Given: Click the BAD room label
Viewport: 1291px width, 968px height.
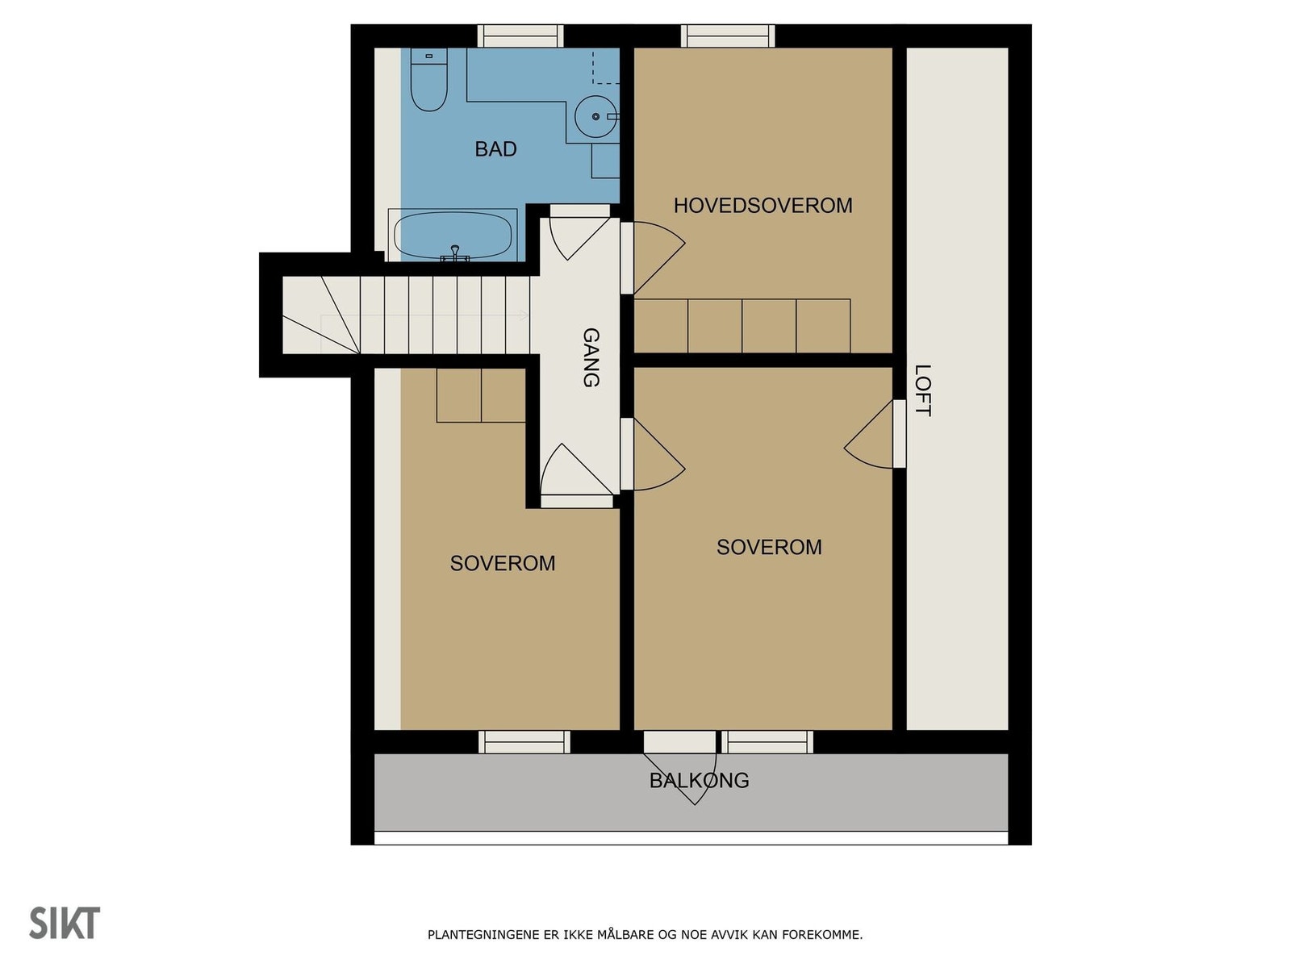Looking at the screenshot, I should [495, 149].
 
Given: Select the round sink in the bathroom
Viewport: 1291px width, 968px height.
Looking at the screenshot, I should [595, 117].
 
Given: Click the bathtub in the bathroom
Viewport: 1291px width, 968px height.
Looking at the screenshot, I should [453, 236].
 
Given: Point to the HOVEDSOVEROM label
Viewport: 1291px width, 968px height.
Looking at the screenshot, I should [762, 206].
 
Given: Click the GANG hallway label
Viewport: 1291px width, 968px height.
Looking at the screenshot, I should [591, 357].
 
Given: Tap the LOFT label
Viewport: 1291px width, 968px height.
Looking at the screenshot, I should [923, 390].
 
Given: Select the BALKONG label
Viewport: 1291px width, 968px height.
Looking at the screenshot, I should [699, 781].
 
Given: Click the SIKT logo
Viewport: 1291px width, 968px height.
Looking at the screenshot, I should [65, 924].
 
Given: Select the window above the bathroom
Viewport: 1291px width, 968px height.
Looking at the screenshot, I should [520, 36].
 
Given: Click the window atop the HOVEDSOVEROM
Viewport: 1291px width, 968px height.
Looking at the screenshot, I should [727, 36].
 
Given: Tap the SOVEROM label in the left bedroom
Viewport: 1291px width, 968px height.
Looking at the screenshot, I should [503, 563].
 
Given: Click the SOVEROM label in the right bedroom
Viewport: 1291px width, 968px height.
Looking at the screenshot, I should [769, 547].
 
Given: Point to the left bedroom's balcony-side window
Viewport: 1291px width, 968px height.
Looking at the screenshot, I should [524, 742].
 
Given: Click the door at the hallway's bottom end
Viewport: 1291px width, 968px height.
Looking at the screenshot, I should [575, 476].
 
